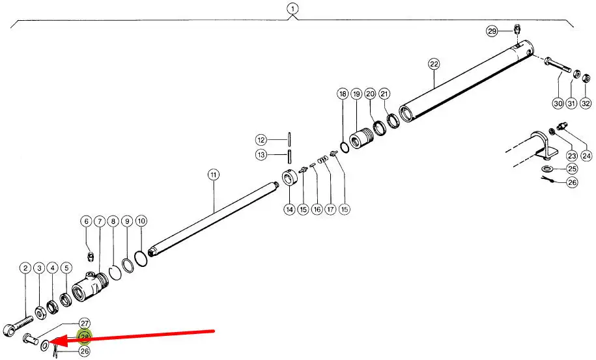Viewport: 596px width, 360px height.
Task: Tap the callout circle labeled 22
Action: [x=434, y=64]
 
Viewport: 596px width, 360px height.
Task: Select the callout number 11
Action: [x=213, y=174]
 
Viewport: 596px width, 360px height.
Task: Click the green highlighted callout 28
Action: [x=85, y=337]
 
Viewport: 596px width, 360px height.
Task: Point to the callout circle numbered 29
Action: [x=492, y=31]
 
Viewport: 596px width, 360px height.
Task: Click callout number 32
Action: [x=586, y=103]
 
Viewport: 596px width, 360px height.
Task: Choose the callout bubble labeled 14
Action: [x=289, y=209]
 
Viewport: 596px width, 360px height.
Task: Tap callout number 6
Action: [x=85, y=221]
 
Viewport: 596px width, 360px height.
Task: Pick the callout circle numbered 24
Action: [x=586, y=156]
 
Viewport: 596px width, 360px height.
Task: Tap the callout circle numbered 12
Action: [x=261, y=139]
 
